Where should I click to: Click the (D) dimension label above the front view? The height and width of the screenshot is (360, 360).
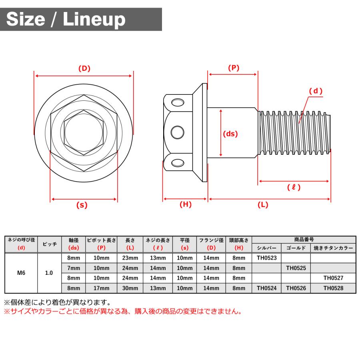click(x=84, y=68)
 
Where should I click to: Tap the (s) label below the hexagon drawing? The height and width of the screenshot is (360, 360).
click(x=82, y=205)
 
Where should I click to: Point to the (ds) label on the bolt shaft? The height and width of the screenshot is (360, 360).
click(x=230, y=134)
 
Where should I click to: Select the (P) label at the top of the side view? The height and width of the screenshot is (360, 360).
click(x=233, y=68)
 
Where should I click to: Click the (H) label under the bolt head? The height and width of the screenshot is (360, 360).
click(x=185, y=204)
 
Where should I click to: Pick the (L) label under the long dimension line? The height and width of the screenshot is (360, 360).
click(x=262, y=205)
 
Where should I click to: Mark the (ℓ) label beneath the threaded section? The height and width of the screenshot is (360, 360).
click(x=294, y=187)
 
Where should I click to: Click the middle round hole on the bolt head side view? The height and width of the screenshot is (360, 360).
click(x=177, y=132)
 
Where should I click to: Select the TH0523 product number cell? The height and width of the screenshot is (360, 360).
click(x=266, y=258)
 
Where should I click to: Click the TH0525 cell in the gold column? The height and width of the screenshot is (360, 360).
click(x=296, y=268)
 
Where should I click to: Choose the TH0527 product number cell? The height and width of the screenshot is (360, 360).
click(x=333, y=278)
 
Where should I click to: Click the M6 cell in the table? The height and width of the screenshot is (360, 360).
click(x=20, y=273)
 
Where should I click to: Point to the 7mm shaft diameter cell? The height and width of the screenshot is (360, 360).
click(x=74, y=268)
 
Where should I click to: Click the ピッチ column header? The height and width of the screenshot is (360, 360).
click(x=50, y=244)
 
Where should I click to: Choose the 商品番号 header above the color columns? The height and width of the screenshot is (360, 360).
click(x=304, y=240)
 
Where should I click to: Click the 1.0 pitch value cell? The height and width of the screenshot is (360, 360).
click(x=50, y=273)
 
